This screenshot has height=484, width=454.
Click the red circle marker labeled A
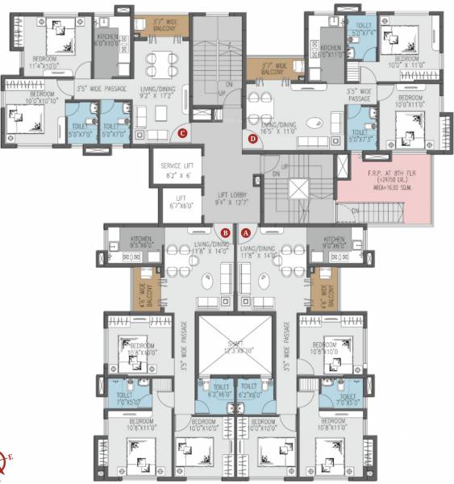click(x=247, y=232)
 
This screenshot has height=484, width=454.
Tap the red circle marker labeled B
click(x=226, y=232)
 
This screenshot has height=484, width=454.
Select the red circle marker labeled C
click(x=183, y=133)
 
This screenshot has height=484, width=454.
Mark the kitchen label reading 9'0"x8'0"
click(x=336, y=242)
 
